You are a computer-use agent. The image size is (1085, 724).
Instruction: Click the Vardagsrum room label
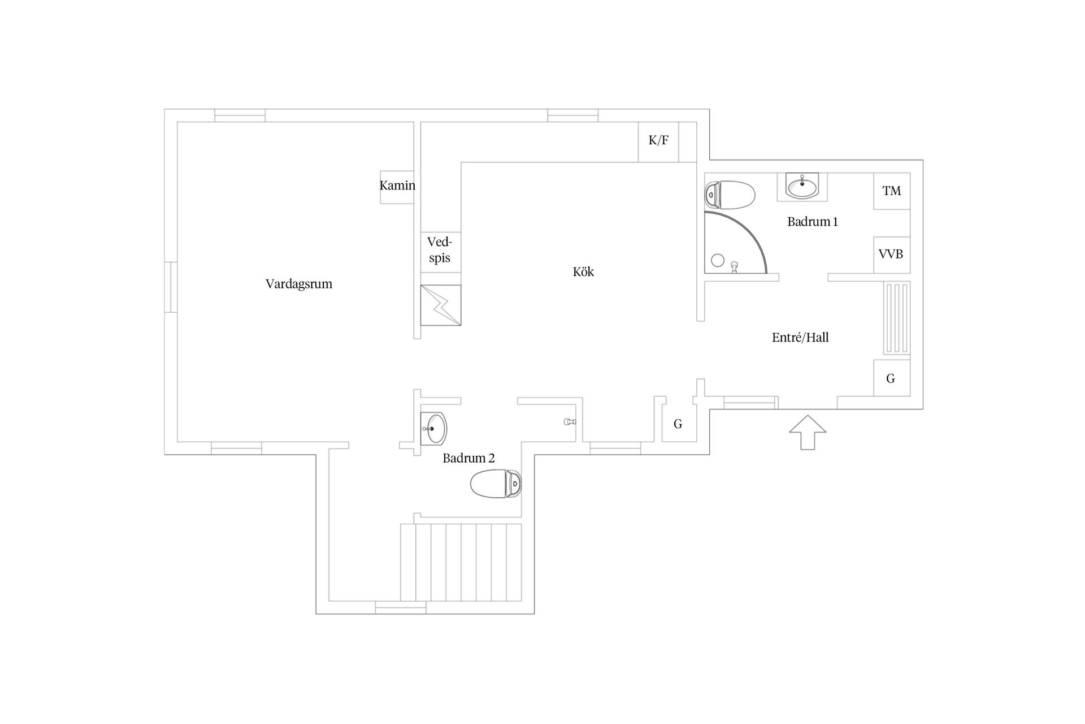[x=299, y=284]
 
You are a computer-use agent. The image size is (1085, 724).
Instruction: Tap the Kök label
[x=583, y=272]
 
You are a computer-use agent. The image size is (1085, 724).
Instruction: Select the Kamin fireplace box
[x=397, y=187]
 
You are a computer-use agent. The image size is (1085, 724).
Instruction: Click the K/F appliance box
[x=658, y=142]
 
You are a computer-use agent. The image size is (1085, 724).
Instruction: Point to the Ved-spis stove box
[x=440, y=252]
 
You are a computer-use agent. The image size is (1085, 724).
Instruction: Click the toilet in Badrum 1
[x=730, y=195]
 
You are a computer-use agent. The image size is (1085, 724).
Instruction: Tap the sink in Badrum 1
[x=802, y=187]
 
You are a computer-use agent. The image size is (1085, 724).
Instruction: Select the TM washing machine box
[x=892, y=191]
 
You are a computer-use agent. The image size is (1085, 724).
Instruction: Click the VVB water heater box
[x=892, y=255]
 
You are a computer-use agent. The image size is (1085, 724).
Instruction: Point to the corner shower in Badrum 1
[x=735, y=243]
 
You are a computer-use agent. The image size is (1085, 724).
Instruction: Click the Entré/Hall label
[x=800, y=338]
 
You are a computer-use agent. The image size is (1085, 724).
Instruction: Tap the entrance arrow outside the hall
[x=808, y=433]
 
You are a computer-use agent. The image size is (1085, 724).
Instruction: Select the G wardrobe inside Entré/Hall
[x=892, y=378]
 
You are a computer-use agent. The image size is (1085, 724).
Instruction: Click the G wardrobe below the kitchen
[x=679, y=424]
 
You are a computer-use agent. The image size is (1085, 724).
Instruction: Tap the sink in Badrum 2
[x=434, y=429]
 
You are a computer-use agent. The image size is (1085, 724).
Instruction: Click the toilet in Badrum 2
[x=496, y=484]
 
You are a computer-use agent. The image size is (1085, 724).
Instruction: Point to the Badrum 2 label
[x=468, y=458]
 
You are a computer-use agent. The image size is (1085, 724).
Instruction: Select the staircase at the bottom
[x=461, y=562]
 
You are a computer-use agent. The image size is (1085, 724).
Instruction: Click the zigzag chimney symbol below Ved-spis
[x=441, y=305]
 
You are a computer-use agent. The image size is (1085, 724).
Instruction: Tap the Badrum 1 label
[x=813, y=222]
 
